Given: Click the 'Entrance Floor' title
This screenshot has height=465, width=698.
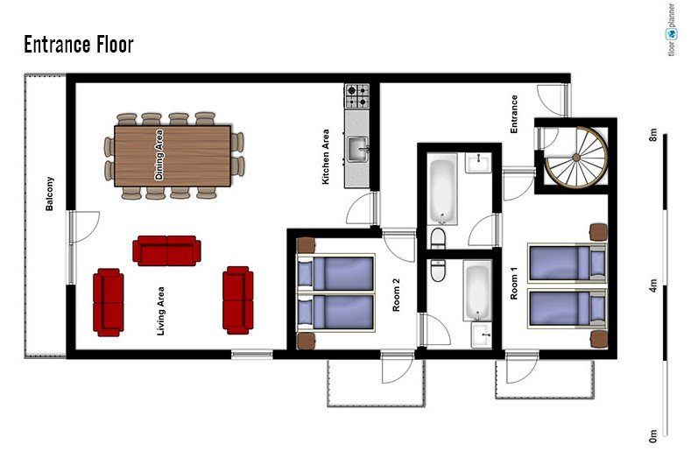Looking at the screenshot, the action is (x=79, y=45).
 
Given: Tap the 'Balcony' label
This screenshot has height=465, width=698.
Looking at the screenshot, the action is (x=49, y=194).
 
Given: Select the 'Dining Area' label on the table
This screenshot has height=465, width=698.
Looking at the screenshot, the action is (x=159, y=155).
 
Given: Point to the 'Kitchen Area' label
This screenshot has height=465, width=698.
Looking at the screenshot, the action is (x=326, y=157).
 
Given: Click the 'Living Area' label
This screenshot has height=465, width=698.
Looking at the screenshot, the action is (x=160, y=311).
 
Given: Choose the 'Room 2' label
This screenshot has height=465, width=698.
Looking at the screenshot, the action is (x=396, y=294).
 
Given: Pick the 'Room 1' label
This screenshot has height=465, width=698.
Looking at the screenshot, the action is (x=514, y=283).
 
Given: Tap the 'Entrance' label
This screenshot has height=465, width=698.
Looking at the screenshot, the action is (x=514, y=114).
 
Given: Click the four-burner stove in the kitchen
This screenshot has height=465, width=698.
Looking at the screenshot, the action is (x=357, y=96).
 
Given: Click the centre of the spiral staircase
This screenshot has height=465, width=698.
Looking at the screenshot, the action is (x=576, y=157).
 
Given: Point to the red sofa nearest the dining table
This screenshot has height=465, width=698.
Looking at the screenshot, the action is (x=167, y=250).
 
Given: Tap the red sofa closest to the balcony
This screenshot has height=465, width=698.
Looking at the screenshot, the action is (x=109, y=302).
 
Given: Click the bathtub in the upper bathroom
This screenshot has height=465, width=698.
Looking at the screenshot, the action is (x=443, y=188).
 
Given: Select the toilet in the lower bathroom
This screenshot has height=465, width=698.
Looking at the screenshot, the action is (x=439, y=271).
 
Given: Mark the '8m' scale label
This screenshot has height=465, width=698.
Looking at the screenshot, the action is (x=652, y=134).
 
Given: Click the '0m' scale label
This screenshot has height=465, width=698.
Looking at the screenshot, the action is (x=652, y=435).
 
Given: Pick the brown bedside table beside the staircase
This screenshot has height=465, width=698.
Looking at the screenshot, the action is (x=598, y=232).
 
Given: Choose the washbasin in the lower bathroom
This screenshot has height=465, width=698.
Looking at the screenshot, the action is (x=482, y=335).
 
